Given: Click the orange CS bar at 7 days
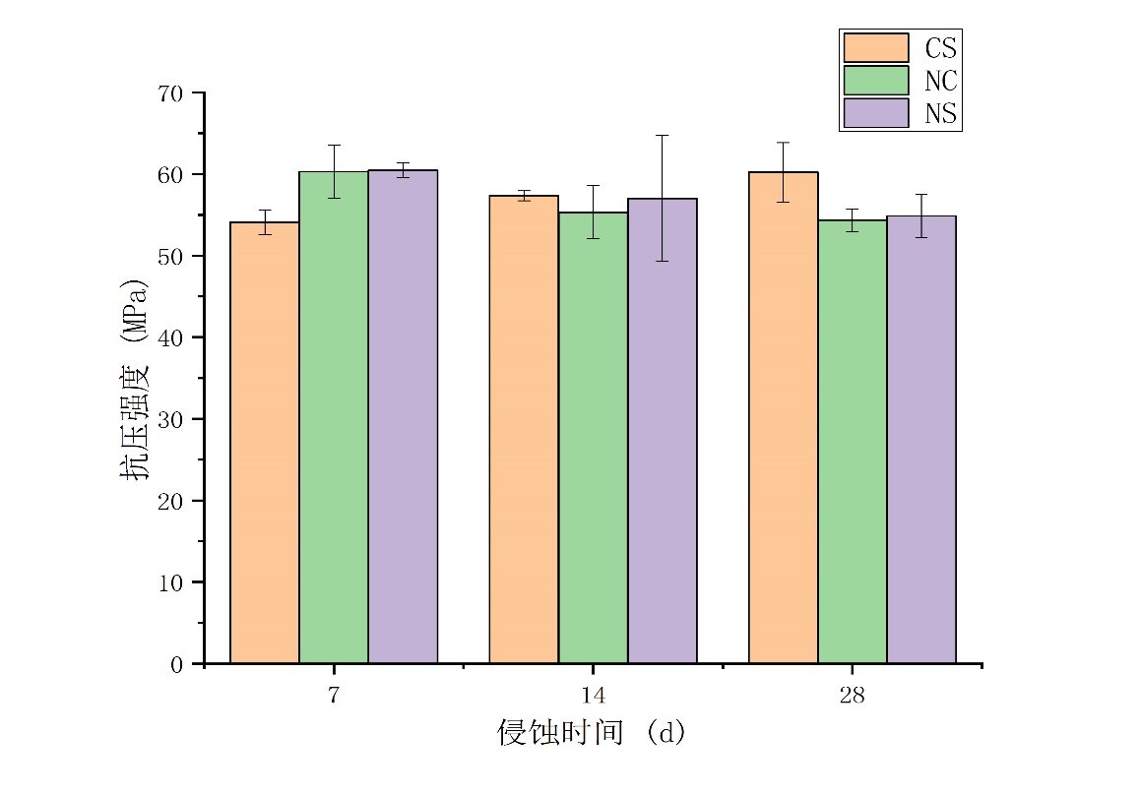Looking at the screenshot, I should [x=264, y=443].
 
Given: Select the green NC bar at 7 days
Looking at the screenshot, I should [x=334, y=418].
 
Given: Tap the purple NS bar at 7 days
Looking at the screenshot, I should [x=403, y=417].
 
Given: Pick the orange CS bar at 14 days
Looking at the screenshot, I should [x=524, y=430].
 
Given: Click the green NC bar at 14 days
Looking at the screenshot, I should [x=593, y=438].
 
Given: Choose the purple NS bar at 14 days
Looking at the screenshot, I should [x=663, y=431].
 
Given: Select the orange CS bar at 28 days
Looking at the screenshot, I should [x=783, y=418].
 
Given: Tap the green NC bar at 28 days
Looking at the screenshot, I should [x=853, y=442].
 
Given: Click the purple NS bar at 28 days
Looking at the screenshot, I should [x=921, y=440].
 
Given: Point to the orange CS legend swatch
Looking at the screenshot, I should [x=875, y=47].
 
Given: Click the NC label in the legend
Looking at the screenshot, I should [x=940, y=81].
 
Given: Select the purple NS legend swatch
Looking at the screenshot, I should [x=875, y=113].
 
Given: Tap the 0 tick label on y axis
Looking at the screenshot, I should [x=177, y=664].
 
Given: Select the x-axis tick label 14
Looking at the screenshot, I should [x=593, y=696].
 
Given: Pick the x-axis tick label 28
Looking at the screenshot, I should [x=853, y=696].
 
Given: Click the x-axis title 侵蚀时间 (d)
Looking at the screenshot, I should [x=591, y=733].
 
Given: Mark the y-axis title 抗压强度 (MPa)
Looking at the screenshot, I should [x=136, y=379].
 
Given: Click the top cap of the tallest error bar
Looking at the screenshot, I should [x=663, y=135].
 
